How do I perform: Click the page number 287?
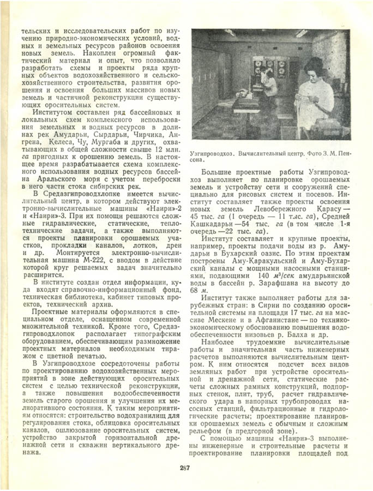tap(184, 466)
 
